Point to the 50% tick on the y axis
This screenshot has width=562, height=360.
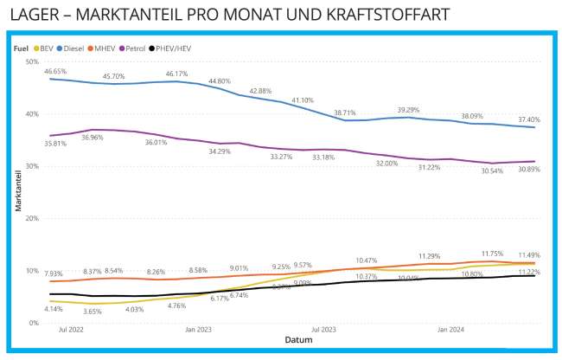tap(32, 62)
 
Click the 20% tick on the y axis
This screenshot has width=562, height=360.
tap(32, 218)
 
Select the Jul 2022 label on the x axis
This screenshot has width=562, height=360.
tap(71, 331)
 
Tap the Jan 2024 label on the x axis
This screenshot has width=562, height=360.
tap(452, 331)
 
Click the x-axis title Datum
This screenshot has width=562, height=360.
tap(298, 340)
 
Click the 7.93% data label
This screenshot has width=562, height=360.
tap(54, 273)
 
